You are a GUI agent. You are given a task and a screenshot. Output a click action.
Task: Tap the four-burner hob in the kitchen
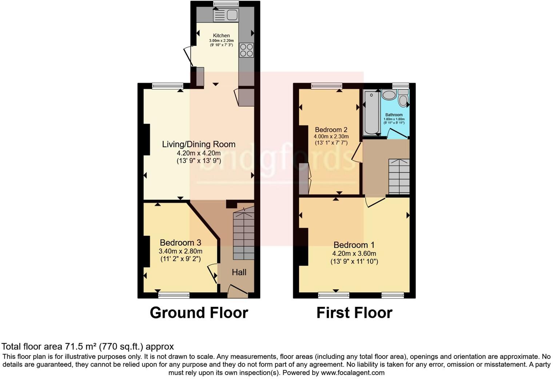tap(246, 50)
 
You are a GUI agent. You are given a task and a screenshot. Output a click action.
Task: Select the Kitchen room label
tap(221, 36)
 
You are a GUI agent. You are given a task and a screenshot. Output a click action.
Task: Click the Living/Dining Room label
tap(199, 144)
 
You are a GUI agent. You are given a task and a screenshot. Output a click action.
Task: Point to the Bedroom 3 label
tap(180, 243)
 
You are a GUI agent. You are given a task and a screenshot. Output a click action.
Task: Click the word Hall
tap(239, 272)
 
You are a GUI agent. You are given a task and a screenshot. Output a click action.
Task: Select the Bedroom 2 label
tap(331, 130)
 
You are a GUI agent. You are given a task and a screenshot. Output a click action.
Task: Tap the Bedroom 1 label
tap(354, 245)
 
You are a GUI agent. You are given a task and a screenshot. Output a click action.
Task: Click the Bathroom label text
tap(394, 115)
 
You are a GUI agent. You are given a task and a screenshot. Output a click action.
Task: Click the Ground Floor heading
tap(199, 313)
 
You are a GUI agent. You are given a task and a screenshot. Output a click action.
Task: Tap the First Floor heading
tap(354, 313)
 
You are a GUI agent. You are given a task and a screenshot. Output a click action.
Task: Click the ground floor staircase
tap(243, 233)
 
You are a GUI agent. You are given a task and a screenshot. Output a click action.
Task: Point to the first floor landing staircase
tap(399, 176)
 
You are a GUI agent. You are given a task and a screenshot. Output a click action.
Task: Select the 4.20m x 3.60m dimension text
tap(354, 254)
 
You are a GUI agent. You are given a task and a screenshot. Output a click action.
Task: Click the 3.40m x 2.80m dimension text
tap(180, 251)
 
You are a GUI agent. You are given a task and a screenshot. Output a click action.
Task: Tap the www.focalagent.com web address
tap(353, 373)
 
